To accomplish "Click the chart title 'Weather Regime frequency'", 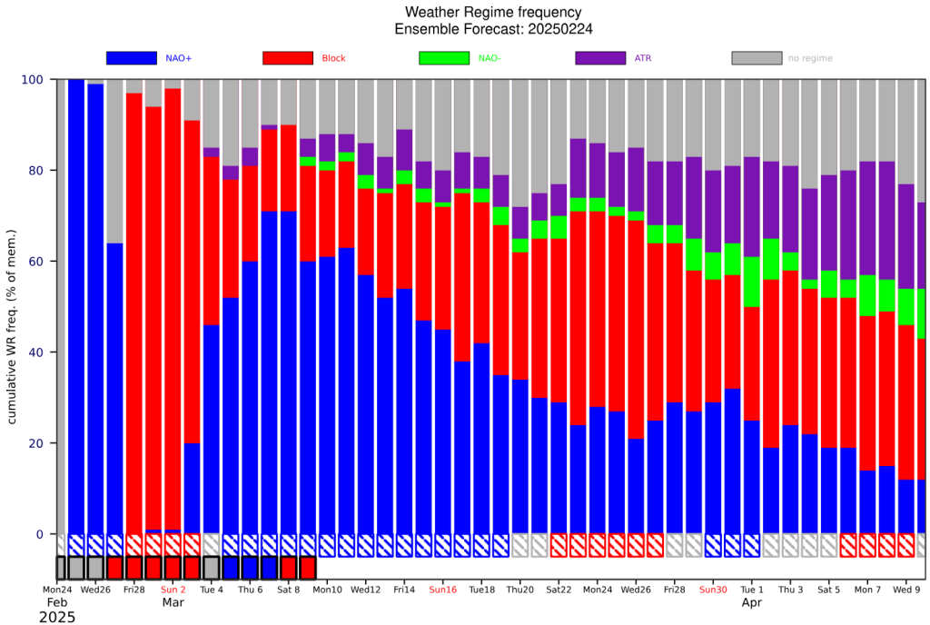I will (493, 12).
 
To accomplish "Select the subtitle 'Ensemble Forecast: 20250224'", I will (493, 29).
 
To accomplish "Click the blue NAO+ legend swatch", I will (132, 58).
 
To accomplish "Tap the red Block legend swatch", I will (288, 58).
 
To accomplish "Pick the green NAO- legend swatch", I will (444, 58).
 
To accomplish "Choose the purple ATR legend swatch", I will (600, 58).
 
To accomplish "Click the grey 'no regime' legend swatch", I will (757, 58).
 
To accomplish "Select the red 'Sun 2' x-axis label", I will (173, 590).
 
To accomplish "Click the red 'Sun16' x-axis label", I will (443, 590).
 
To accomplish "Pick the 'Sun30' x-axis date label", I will (713, 590).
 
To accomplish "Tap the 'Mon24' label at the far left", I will (57, 590).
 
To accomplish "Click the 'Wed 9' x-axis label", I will (906, 590).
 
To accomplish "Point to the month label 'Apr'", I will (751, 602).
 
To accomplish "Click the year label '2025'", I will (57, 617).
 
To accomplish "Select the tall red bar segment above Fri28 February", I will (134, 313).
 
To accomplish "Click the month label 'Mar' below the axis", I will (173, 602).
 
